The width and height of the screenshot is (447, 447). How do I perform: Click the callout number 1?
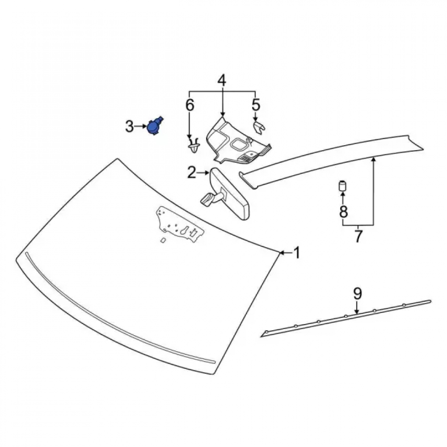(297, 253)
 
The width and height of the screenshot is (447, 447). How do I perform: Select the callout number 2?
(192, 172)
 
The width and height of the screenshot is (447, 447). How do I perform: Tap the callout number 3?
(130, 127)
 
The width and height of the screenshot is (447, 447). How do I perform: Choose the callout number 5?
(256, 104)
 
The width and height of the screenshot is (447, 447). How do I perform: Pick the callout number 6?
(190, 105)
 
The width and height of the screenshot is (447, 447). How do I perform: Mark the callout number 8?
(343, 211)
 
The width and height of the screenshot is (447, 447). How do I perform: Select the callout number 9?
(358, 294)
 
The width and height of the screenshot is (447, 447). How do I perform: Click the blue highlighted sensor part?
(154, 126)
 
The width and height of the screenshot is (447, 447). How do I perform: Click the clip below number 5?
(259, 127)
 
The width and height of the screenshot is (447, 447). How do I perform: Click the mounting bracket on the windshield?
(180, 224)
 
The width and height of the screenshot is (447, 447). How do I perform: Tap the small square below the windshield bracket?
(164, 240)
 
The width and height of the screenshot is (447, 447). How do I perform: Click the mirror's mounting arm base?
(207, 198)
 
